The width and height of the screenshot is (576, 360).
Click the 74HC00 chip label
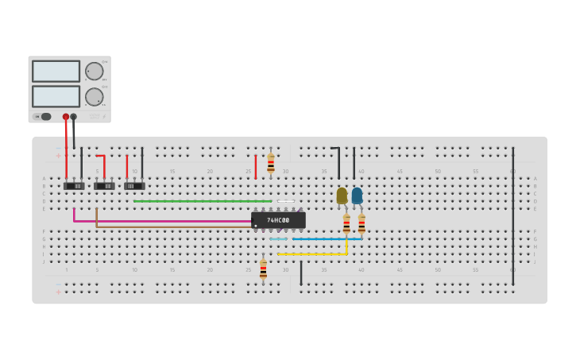coord(278,220)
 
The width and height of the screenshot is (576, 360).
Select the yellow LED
coord(342,195)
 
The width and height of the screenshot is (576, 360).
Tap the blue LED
coord(357,195)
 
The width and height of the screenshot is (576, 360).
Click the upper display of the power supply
coord(56,72)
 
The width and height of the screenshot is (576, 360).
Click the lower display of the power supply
coord(56,96)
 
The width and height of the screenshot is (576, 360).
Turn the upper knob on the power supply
coord(95,72)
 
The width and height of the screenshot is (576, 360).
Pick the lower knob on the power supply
coord(95,97)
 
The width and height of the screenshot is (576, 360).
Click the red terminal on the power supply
coord(66,117)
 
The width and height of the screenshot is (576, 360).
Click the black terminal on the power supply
coord(74,117)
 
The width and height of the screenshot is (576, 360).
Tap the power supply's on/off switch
coord(44,117)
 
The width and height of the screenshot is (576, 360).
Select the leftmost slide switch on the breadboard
coord(74,186)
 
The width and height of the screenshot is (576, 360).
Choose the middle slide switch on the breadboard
coord(104,186)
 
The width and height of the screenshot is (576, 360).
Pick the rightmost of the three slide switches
coord(134,186)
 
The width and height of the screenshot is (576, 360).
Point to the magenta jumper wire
coord(159,221)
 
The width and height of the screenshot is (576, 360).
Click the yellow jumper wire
coord(314,254)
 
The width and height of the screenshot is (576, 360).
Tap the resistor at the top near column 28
coord(271,163)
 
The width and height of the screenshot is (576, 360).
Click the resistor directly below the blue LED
coord(361,223)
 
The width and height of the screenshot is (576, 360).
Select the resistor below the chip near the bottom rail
coord(263,269)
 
